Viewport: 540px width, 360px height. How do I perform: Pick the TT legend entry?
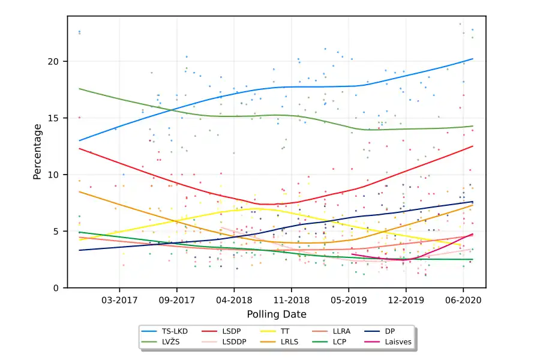[x=285, y=331]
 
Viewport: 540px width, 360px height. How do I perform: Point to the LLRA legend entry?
[x=342, y=331]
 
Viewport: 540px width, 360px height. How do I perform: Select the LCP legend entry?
[x=340, y=341]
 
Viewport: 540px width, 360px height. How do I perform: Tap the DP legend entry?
[x=389, y=331]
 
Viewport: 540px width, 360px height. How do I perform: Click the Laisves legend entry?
[x=396, y=341]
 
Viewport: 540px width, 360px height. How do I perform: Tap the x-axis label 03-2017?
[x=119, y=299]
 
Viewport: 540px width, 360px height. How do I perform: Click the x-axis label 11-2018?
[x=291, y=299]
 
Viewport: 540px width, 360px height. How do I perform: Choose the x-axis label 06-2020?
[x=463, y=299]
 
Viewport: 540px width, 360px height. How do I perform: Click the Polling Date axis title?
[x=277, y=314]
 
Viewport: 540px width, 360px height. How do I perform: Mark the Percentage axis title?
[x=37, y=152]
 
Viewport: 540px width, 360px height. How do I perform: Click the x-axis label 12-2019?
[x=406, y=299]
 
